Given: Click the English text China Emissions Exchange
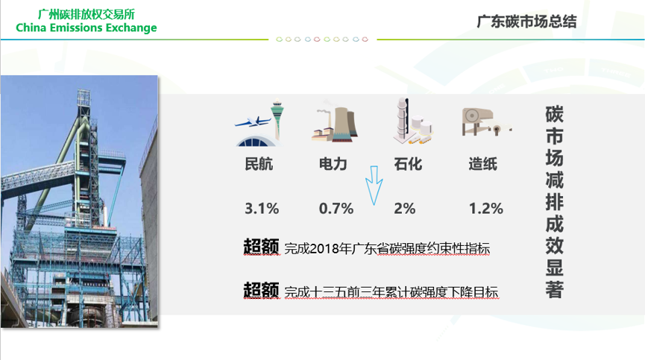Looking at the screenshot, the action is coord(86,28).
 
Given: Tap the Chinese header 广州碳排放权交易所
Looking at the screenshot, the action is coord(86,14).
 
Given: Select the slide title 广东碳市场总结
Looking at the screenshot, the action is coord(526,22).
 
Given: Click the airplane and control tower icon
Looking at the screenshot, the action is coord(259,122).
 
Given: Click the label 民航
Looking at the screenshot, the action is coord(259,164).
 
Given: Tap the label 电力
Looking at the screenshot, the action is coord(333,164).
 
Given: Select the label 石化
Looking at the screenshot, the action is coord(408,164).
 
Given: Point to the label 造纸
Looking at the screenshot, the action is coord(483,164).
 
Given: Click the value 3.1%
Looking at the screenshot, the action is coord(262,209).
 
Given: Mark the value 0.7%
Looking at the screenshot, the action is coord(336,209).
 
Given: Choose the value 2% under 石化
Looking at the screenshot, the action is coord(404,209).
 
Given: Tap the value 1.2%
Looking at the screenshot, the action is coord(486,209).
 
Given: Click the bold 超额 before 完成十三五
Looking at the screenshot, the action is coord(261,290).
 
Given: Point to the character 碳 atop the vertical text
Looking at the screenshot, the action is coord(554,114).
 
